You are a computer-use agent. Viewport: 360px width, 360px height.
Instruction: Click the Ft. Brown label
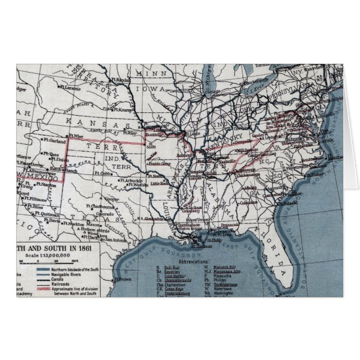click(122, 279)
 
